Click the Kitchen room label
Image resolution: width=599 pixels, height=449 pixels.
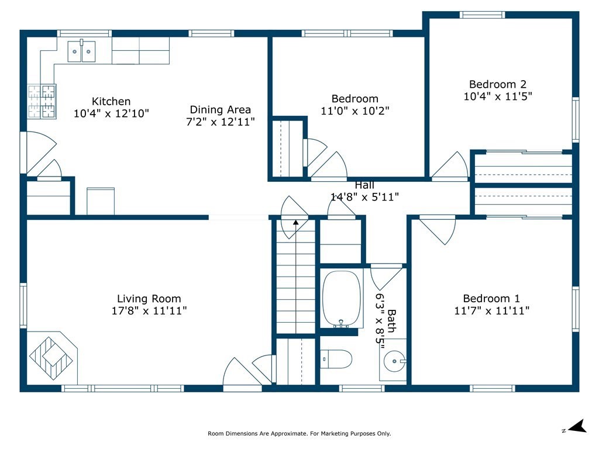click(111, 102)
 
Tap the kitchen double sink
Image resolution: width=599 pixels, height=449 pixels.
click(81, 51)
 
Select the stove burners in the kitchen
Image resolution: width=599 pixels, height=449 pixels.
click(42, 102)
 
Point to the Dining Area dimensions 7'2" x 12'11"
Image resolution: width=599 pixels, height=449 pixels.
click(221, 122)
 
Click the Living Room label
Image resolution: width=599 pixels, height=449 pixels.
click(149, 299)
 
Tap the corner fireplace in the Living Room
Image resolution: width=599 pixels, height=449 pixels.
click(52, 358)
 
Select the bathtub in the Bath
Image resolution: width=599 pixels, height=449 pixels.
click(342, 299)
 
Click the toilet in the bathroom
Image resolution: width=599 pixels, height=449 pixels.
click(336, 360)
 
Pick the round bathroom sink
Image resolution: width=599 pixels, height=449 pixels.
click(394, 361)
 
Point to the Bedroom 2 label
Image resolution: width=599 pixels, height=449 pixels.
click(498, 84)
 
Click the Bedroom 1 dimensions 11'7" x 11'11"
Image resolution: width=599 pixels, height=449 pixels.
click(491, 311)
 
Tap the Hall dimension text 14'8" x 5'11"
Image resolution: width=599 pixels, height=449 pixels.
click(364, 197)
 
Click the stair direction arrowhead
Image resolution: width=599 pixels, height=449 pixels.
click(295, 222)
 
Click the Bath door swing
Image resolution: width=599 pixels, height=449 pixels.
click(386, 278)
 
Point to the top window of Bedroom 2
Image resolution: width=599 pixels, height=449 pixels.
click(482, 15)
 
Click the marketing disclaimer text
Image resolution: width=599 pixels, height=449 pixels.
click(299, 433)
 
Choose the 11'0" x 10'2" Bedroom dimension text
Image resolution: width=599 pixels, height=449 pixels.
click(355, 111)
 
